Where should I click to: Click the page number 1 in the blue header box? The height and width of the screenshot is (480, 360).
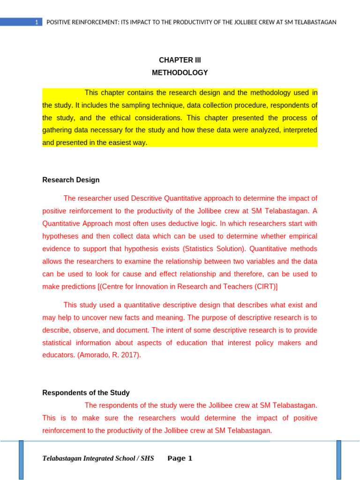[37, 22]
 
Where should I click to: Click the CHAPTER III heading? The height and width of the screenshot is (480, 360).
[180, 60]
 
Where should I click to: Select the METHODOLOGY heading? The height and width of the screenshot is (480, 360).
[180, 73]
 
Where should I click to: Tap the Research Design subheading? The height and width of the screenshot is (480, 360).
[71, 180]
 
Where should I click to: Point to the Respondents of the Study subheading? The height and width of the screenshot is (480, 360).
[86, 393]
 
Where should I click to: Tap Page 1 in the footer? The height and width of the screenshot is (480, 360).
[180, 458]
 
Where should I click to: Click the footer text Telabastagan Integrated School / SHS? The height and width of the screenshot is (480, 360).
[98, 458]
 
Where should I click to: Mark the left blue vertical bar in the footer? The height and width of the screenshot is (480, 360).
[21, 459]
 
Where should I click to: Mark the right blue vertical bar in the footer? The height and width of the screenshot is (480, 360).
[339, 459]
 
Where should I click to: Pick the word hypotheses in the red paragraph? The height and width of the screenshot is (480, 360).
[60, 236]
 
